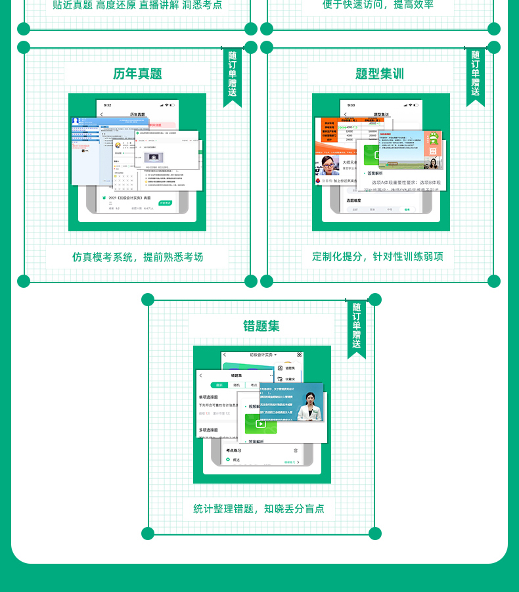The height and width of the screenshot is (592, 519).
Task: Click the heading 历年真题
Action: (x=137, y=74)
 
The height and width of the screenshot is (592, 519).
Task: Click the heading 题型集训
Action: (x=380, y=74)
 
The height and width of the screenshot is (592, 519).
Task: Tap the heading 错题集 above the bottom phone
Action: (x=261, y=326)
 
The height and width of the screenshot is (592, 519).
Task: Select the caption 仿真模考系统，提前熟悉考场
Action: (x=137, y=257)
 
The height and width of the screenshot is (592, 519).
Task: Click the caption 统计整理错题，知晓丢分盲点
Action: (x=259, y=509)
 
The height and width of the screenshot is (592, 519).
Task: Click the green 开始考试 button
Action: (x=165, y=203)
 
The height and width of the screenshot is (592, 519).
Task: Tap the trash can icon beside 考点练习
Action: (x=296, y=451)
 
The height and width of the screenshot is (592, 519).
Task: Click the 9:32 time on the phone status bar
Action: (x=106, y=105)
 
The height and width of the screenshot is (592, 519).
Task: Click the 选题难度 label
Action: (x=356, y=200)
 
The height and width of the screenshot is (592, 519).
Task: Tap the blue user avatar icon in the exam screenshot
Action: (x=76, y=121)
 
